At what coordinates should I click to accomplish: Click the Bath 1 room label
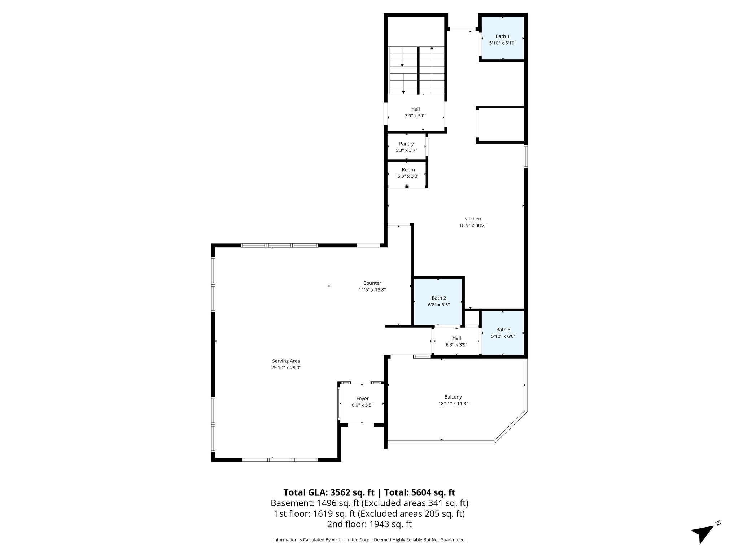(502, 36)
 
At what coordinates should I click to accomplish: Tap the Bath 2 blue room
(438, 301)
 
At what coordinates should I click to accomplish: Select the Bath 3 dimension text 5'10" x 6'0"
(503, 336)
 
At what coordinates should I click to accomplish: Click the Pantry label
(406, 144)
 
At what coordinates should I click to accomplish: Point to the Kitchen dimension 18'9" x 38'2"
(473, 225)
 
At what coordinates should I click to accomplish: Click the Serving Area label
(286, 361)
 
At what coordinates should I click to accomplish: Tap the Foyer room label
(362, 399)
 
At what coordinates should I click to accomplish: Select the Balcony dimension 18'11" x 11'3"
(452, 403)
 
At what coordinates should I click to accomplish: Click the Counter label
(372, 283)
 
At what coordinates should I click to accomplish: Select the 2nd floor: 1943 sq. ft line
(369, 524)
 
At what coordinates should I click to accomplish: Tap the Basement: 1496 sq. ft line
(369, 503)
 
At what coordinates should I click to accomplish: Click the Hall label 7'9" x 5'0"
(415, 112)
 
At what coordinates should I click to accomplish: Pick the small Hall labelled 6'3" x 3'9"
(456, 341)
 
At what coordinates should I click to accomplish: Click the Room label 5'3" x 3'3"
(408, 173)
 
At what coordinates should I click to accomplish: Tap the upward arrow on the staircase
(432, 48)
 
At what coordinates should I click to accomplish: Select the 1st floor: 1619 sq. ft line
(369, 513)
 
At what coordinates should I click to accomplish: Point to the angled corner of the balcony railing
(511, 426)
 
